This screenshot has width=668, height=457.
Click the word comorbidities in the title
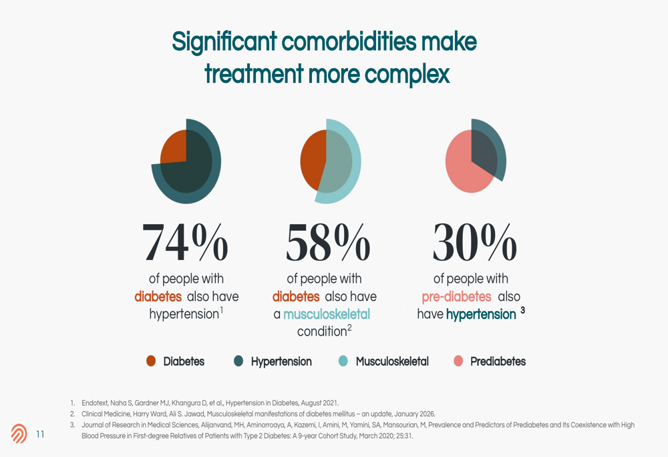[x=349, y=42]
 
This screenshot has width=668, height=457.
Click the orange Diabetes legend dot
[x=151, y=361]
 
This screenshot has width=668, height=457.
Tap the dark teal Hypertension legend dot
[x=238, y=361]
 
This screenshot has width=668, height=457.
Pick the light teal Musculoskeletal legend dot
[x=343, y=361]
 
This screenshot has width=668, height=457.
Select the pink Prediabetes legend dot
[x=458, y=361]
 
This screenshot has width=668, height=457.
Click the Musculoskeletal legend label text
[x=392, y=361]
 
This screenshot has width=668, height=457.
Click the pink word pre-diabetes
[x=456, y=297]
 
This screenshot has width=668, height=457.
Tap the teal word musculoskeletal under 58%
[x=327, y=314]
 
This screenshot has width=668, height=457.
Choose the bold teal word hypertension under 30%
[x=481, y=314]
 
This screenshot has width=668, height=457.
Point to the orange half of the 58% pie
[x=312, y=160]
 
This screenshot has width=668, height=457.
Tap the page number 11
[x=40, y=434]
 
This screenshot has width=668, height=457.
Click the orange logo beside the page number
[x=19, y=434]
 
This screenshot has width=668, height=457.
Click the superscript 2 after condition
[x=349, y=327]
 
